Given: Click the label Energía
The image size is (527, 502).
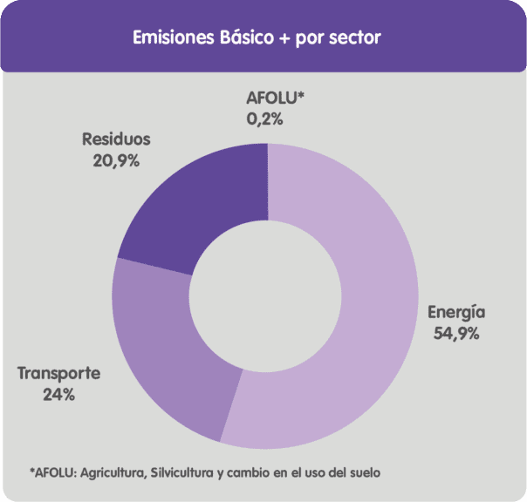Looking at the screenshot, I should tap(455, 313).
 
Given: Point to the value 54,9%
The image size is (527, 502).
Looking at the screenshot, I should tap(455, 333).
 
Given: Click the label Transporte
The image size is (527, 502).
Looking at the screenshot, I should tap(59, 374).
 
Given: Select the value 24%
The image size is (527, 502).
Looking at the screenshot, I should tap(58, 394).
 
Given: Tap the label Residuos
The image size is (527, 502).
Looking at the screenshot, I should tap(116, 139).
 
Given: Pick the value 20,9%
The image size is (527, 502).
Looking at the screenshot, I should tap(116, 159).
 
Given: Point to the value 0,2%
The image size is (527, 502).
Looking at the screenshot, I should tap(265, 119).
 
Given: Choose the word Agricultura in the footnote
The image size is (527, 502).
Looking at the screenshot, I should tap(113, 472).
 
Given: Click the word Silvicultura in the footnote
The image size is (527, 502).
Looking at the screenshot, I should tap(183, 472).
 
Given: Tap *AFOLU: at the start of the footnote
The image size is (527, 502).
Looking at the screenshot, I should tap(54, 472).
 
